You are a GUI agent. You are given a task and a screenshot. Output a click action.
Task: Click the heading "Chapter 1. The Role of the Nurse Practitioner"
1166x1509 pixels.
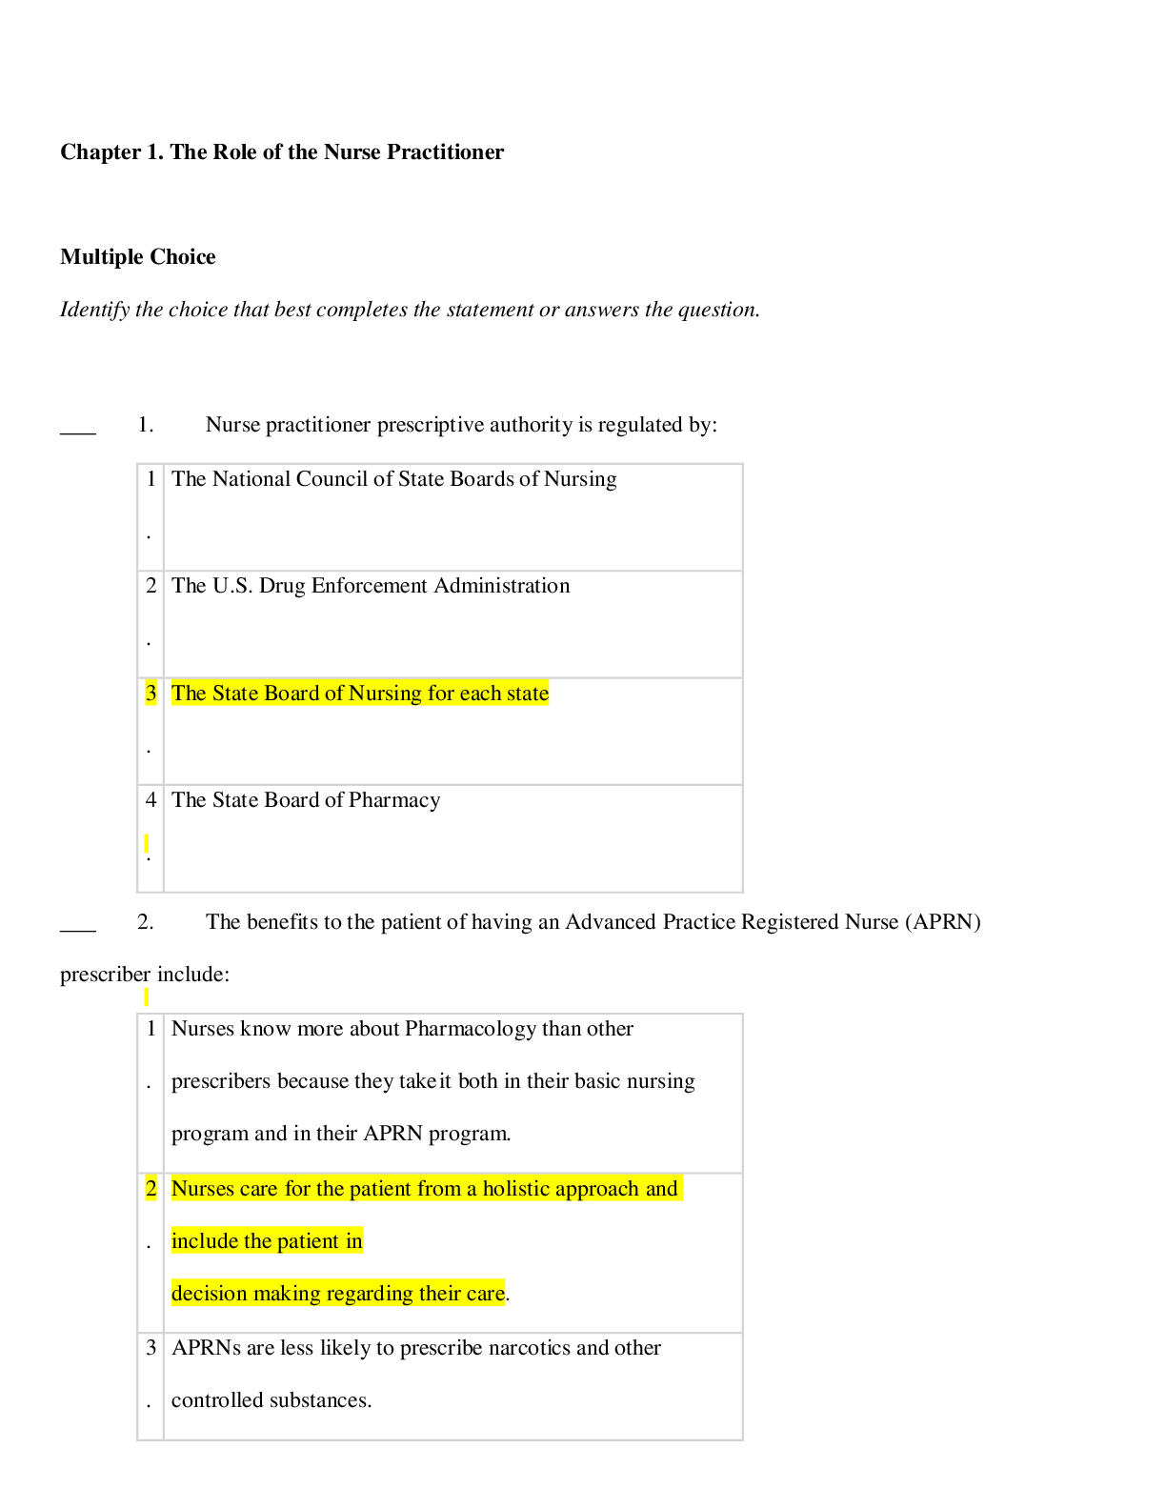(282, 152)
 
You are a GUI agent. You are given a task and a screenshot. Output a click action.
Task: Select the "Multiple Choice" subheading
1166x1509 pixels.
(137, 257)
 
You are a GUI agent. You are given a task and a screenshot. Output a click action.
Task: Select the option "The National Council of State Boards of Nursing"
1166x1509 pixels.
(393, 479)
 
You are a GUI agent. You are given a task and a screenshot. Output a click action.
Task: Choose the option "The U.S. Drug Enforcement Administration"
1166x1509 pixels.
(371, 586)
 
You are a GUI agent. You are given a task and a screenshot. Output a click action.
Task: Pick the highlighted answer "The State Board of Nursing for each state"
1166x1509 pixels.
(360, 694)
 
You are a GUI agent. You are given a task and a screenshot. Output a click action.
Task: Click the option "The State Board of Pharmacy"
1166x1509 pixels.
(306, 800)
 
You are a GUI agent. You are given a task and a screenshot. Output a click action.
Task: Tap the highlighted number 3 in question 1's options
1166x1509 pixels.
(151, 694)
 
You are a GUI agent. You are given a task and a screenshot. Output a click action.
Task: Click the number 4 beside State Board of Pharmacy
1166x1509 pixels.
(151, 800)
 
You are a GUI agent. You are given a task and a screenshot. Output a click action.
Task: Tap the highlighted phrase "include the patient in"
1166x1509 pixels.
(267, 1241)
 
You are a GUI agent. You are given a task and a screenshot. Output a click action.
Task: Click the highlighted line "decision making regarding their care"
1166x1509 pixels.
(338, 1294)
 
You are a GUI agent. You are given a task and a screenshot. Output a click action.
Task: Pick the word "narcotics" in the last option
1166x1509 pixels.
(529, 1348)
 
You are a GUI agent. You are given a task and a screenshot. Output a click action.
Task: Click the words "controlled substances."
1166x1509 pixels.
(271, 1400)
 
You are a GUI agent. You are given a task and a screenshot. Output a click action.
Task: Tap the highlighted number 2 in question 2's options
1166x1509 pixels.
(151, 1189)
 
